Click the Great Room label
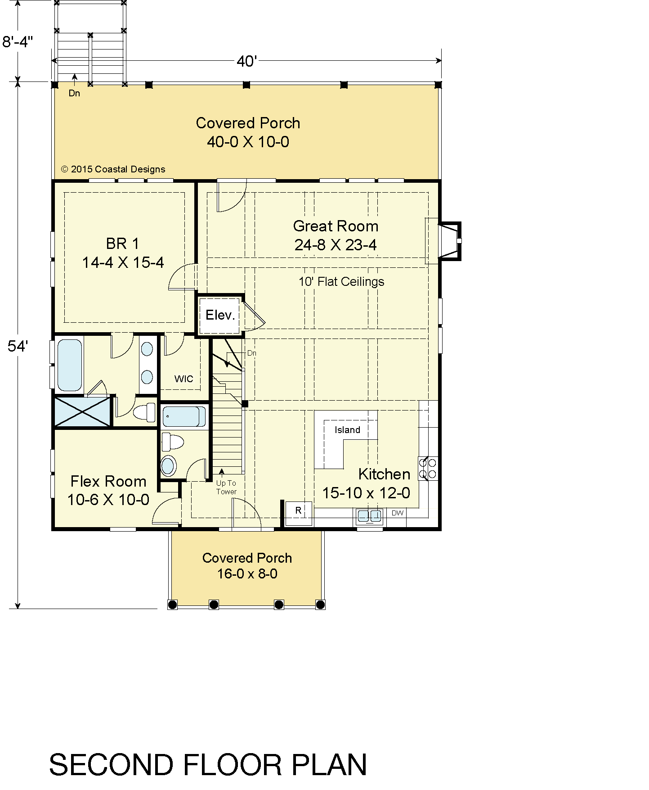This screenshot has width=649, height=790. click(336, 226)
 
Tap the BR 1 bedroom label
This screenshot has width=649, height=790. click(123, 244)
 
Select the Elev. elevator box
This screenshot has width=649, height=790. click(220, 315)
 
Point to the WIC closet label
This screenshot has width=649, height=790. click(184, 379)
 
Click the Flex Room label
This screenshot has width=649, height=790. click(108, 481)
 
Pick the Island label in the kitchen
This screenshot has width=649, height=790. click(347, 430)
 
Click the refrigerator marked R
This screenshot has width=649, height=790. click(298, 513)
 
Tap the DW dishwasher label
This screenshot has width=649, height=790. click(398, 513)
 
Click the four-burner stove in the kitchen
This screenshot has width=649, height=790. click(428, 468)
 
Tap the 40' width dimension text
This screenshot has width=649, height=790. click(246, 61)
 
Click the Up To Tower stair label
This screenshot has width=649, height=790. click(226, 488)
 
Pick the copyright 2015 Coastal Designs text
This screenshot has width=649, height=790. click(113, 169)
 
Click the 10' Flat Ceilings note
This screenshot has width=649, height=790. click(341, 282)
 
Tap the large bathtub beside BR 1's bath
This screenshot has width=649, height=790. click(70, 365)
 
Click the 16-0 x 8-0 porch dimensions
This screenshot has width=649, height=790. click(247, 574)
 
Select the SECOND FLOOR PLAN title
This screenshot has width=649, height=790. click(208, 764)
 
